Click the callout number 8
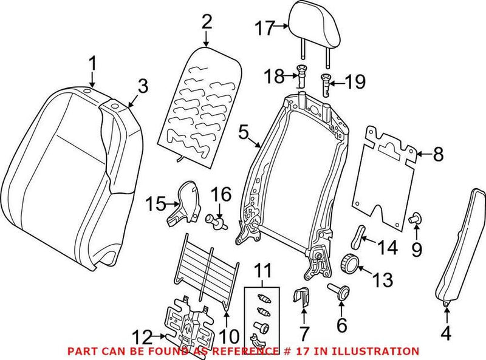pos(439,155)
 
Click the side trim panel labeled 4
pos(462,243)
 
